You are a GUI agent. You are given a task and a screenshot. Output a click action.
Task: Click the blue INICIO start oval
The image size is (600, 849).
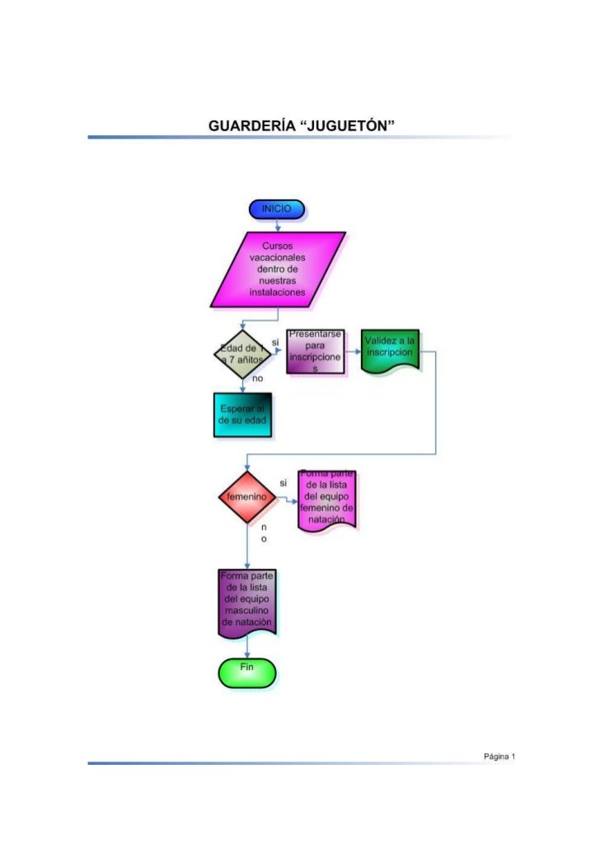coord(276,209)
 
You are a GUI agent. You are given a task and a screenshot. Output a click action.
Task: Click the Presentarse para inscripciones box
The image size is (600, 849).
coord(316,353)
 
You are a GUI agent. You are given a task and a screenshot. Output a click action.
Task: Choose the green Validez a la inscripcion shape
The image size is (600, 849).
coord(390,351)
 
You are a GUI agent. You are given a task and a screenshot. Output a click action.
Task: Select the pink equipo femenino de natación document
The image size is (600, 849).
coord(327,500)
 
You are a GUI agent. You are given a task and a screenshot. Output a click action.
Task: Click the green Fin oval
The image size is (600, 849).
coord(246,672)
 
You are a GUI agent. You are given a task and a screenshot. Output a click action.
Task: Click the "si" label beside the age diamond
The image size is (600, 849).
coord(275,341)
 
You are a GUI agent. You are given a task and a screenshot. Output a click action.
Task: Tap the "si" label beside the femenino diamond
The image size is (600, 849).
coord(283,482)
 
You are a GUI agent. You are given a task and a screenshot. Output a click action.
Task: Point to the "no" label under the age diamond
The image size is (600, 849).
coord(257,378)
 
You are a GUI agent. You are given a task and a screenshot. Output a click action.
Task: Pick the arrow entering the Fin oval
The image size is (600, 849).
coord(246,650)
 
